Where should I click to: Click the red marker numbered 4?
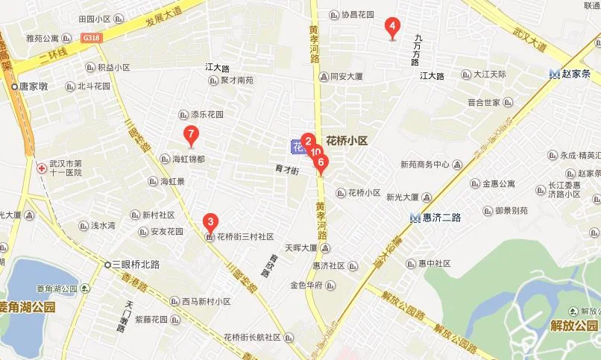(391, 28)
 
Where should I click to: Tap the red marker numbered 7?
(192, 136)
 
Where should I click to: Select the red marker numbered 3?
(211, 221)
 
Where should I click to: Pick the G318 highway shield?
(92, 37)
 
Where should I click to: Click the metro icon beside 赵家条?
(554, 74)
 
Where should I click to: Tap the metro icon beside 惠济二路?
(415, 218)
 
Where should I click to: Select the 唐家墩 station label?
(34, 86)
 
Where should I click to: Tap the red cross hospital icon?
(41, 168)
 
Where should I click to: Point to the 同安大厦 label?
(346, 76)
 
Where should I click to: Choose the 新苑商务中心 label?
(424, 165)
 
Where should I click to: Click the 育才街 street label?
(287, 170)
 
